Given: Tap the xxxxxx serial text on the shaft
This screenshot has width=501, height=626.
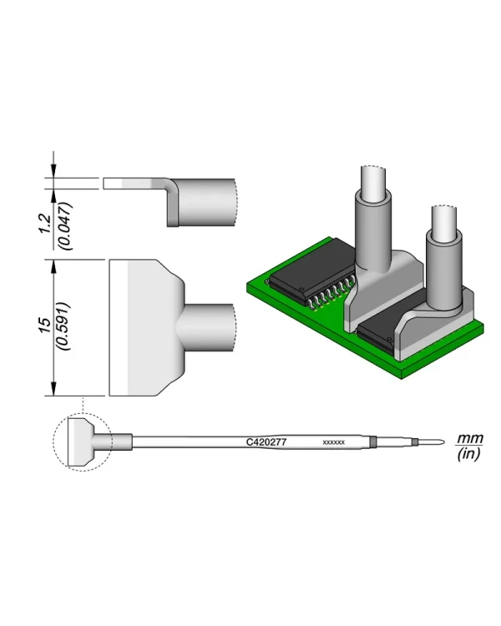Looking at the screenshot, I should click(333, 442).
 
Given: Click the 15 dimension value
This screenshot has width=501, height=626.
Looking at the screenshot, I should click(45, 326).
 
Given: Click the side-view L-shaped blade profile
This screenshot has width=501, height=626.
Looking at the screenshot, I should click(172, 200).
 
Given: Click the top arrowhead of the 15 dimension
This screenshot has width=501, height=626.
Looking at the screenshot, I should click(54, 265).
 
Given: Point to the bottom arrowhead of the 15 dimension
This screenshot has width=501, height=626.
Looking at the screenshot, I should click(54, 389).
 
